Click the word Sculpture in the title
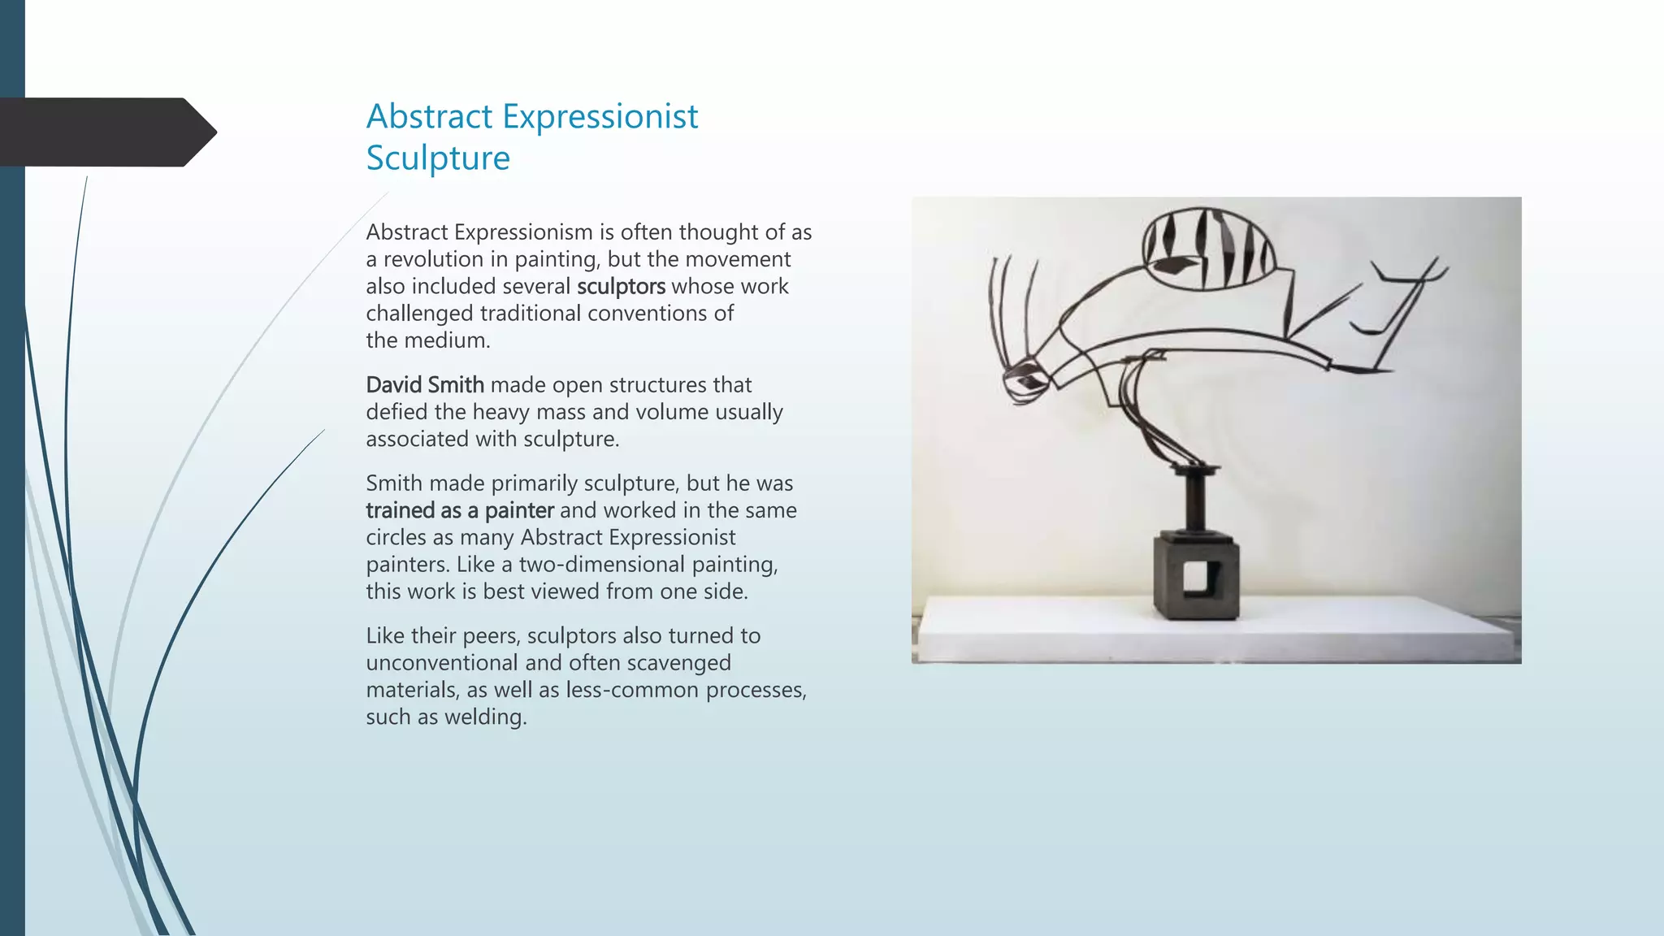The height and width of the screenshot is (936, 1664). pos(438,158)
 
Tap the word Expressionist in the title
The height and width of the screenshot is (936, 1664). pos(600,116)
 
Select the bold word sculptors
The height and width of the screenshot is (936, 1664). pos(621,287)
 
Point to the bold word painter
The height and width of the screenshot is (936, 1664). pos(519,511)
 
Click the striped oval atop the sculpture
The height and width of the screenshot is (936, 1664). pos(1208,249)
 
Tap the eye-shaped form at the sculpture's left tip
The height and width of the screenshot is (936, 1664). pos(1025,380)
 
